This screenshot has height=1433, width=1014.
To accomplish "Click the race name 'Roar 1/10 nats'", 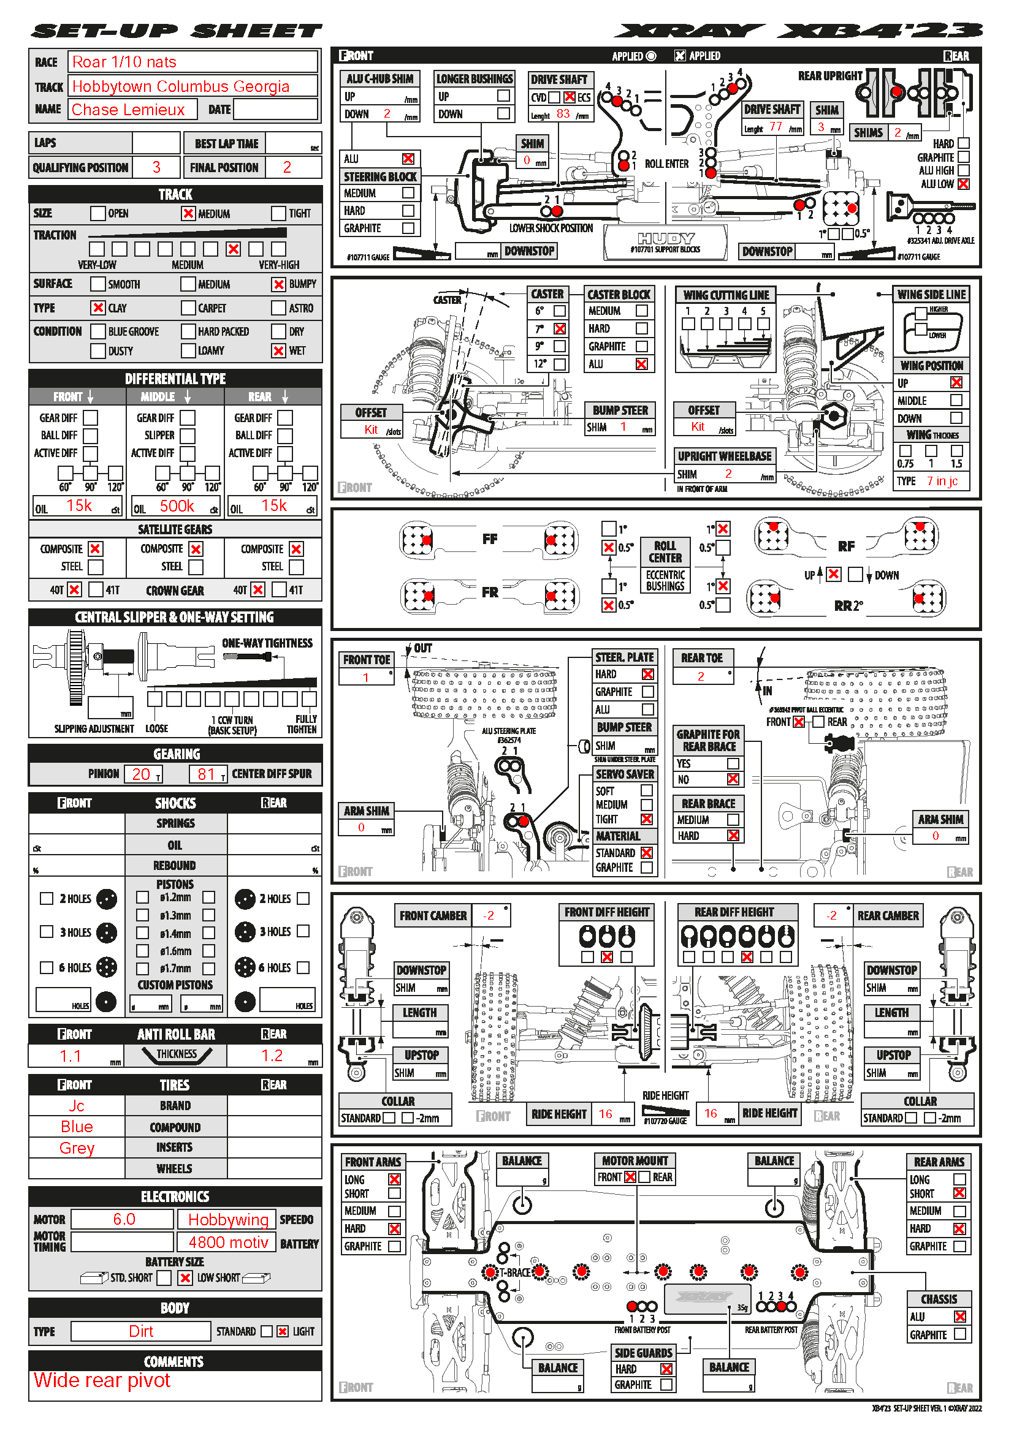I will click(x=124, y=62).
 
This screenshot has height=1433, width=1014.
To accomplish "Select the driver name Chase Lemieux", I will click(x=128, y=110).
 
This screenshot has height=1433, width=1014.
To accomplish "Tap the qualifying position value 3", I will click(x=156, y=167).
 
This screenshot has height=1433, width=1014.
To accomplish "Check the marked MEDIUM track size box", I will click(x=188, y=213).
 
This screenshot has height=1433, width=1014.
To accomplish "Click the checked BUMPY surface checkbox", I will click(x=278, y=284).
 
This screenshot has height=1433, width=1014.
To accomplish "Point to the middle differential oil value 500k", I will click(x=177, y=506).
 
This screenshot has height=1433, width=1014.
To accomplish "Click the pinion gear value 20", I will click(x=141, y=774).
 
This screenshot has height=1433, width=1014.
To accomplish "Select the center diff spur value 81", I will click(x=206, y=774).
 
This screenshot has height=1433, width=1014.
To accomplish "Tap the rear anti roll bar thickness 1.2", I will click(x=272, y=1056).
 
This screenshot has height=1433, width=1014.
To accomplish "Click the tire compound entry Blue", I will click(x=77, y=1127).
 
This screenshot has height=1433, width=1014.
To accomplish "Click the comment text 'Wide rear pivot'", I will click(x=102, y=1380).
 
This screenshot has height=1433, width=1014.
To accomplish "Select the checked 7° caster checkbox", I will click(x=560, y=328).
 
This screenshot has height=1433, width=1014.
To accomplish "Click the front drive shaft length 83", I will click(x=563, y=113).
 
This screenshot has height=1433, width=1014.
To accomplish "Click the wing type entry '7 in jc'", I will click(x=942, y=480).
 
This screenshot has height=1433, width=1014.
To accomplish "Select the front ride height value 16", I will click(x=606, y=1114).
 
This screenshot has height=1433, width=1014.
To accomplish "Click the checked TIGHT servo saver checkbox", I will click(x=647, y=820).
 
